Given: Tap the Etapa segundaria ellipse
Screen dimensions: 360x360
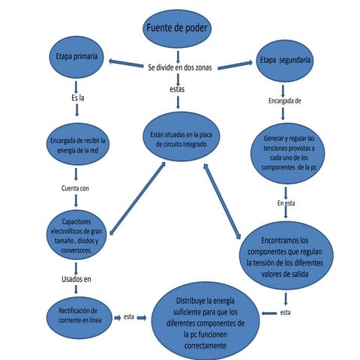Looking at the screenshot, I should (x=285, y=61).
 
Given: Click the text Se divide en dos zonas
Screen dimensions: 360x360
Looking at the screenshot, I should (x=179, y=67).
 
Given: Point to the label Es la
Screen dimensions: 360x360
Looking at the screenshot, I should (x=77, y=98).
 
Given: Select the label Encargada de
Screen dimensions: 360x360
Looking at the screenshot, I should (x=285, y=100).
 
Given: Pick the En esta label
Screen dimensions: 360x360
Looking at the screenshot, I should (x=285, y=203).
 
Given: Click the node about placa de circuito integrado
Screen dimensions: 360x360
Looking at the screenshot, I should (x=177, y=139).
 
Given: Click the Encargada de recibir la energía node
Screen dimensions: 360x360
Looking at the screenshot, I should (x=76, y=146).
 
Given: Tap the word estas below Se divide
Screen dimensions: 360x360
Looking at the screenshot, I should (x=178, y=89).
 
